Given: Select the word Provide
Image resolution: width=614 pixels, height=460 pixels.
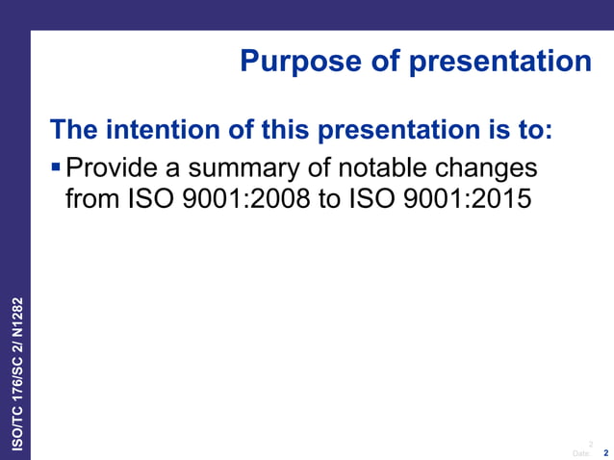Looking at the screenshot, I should click(112, 169).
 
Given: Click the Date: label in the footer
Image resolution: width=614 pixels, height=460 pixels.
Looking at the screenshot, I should click(580, 452).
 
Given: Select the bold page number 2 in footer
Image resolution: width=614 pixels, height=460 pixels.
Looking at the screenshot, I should click(605, 452).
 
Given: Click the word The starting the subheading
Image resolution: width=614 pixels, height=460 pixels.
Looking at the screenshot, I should click(74, 129).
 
